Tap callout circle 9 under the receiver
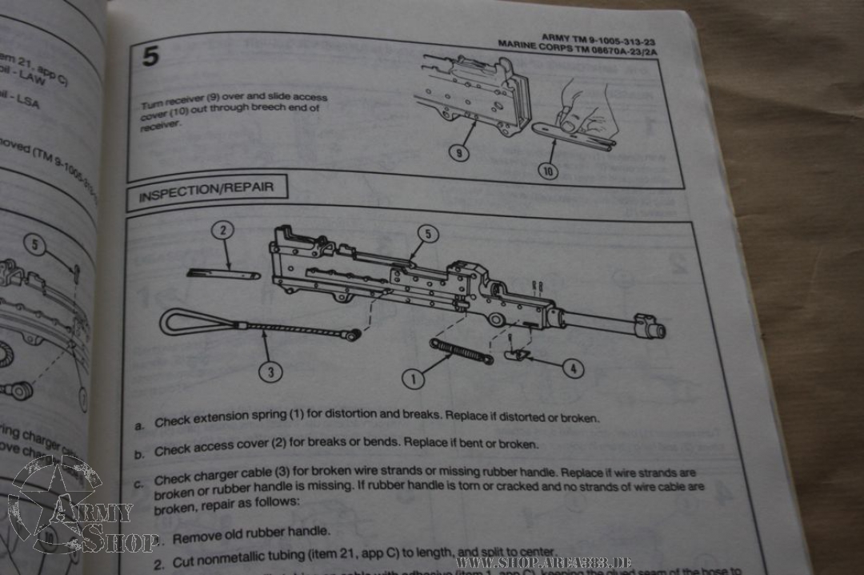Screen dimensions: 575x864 click(458, 151)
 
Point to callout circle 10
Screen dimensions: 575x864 click(549, 170)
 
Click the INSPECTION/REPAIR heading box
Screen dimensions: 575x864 click(206, 190)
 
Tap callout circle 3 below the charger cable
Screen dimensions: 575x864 click(271, 372)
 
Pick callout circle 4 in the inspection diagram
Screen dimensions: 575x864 click(572, 368)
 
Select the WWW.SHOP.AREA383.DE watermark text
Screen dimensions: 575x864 click(544, 563)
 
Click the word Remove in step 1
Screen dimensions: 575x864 click(195, 537)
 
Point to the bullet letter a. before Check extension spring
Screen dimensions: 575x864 click(139, 425)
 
